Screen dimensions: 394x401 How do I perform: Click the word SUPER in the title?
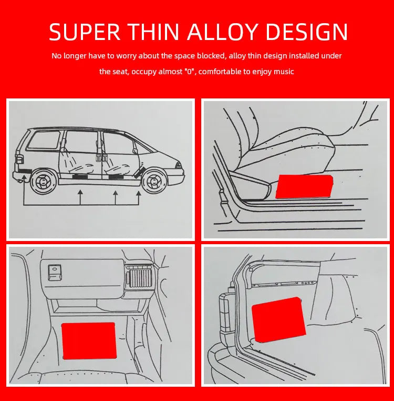(85, 32)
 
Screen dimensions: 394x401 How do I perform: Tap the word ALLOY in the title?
(222, 32)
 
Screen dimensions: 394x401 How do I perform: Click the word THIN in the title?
(154, 32)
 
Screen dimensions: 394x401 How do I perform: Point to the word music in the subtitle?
(284, 72)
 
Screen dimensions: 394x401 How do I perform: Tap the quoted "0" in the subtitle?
(190, 71)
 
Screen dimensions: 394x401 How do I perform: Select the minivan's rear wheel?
(44, 182)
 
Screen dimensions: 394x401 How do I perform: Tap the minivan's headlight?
(179, 165)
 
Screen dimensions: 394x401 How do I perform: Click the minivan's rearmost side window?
(44, 140)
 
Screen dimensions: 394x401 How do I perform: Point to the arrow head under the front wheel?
(139, 194)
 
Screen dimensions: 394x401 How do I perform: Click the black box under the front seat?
(116, 176)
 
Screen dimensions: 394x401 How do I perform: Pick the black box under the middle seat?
(80, 177)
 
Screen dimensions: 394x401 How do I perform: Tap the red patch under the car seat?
(304, 186)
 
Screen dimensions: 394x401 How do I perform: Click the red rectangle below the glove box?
(89, 340)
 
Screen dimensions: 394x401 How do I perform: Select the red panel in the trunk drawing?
(278, 319)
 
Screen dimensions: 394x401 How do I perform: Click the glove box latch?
(55, 273)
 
